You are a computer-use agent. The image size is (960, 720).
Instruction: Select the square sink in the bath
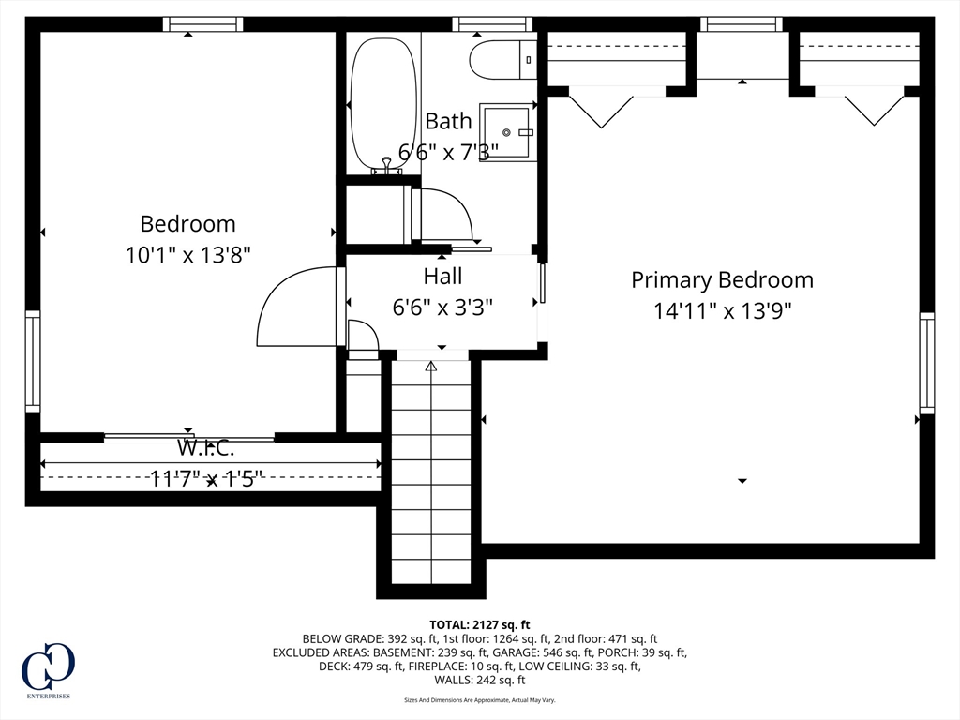click(x=508, y=133)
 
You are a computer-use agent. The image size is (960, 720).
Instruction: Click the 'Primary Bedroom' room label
click(x=722, y=279)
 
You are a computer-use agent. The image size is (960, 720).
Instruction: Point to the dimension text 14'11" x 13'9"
click(x=723, y=310)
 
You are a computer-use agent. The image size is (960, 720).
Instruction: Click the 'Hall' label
click(x=442, y=277)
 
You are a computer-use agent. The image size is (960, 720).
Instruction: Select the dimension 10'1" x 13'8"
click(x=188, y=254)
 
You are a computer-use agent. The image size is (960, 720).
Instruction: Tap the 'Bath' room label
click(x=448, y=121)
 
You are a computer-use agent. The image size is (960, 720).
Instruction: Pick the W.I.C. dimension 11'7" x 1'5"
click(x=206, y=479)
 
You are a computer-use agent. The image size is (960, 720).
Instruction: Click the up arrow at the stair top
click(x=431, y=366)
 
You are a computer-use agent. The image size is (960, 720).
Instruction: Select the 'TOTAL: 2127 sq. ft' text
click(x=480, y=624)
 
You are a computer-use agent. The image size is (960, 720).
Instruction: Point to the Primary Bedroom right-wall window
click(x=926, y=363)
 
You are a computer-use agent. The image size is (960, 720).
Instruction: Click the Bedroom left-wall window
click(x=33, y=361)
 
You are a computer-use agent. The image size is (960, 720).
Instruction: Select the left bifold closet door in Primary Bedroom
click(x=601, y=107)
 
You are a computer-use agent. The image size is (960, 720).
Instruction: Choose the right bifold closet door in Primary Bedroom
click(x=874, y=106)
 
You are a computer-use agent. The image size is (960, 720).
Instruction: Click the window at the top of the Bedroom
click(x=202, y=24)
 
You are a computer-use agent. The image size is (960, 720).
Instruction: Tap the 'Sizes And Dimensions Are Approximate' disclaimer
click(x=480, y=700)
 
